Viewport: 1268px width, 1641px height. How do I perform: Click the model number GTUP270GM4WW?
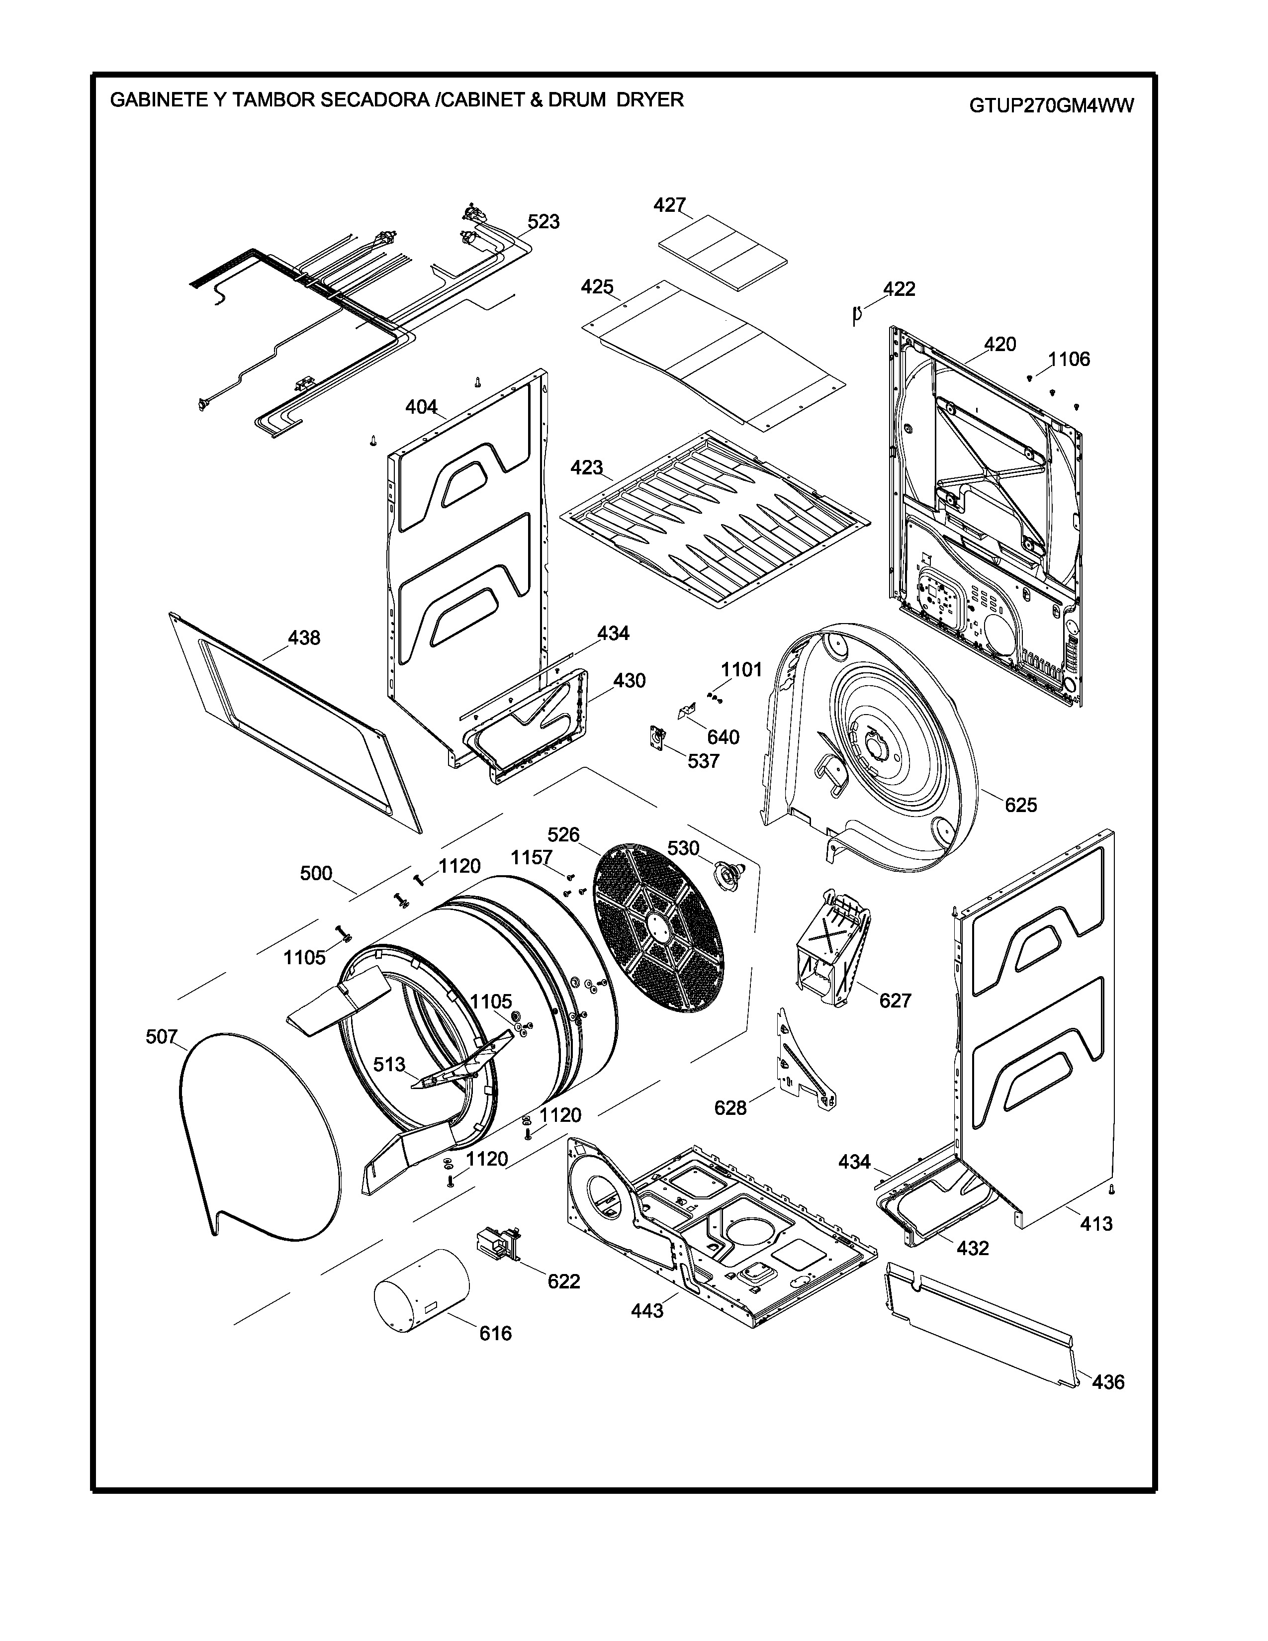[1051, 105]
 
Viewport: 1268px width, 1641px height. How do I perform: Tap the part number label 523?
[543, 222]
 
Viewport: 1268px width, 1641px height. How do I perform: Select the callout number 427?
[669, 205]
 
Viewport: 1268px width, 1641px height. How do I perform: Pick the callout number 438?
[304, 638]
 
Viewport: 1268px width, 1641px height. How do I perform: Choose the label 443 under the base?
[647, 1311]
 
